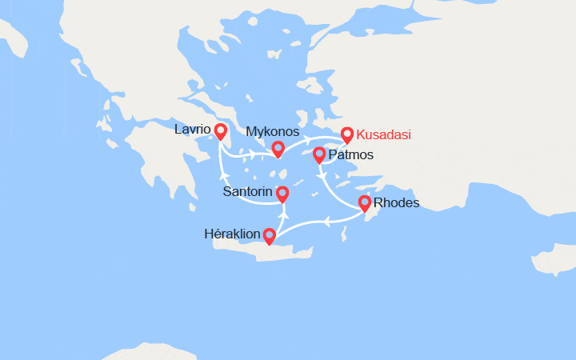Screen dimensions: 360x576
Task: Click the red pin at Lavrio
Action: pyautogui.click(x=220, y=130)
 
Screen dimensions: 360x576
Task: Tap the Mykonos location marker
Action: pyautogui.click(x=278, y=148)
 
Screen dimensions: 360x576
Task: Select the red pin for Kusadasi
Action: pyautogui.click(x=346, y=134)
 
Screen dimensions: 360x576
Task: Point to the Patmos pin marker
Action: pyautogui.click(x=318, y=154)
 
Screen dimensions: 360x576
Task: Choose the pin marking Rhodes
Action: pyautogui.click(x=365, y=202)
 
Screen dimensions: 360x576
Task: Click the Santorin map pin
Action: pyautogui.click(x=282, y=193)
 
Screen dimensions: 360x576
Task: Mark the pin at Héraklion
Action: pyautogui.click(x=269, y=235)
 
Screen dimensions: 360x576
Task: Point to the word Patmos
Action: pyautogui.click(x=350, y=154)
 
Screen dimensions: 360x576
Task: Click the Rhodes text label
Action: pyautogui.click(x=397, y=203)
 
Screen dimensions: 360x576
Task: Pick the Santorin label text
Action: pyautogui.click(x=248, y=192)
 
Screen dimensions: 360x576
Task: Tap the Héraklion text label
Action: pyautogui.click(x=233, y=234)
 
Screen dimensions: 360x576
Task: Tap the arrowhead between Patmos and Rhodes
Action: pyautogui.click(x=321, y=175)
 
